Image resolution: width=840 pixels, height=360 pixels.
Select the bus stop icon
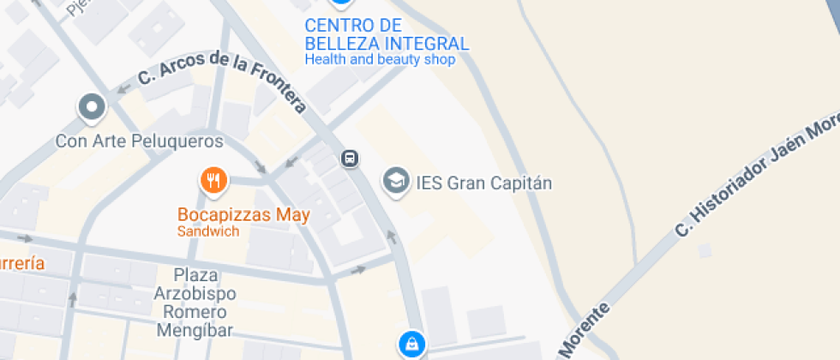click(350, 158)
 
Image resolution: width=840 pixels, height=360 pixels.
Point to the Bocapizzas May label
click(243, 215)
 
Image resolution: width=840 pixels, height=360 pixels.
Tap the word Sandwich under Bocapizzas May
click(208, 231)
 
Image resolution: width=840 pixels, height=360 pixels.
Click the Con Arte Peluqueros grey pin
click(91, 108)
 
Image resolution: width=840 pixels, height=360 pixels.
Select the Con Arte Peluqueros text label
click(139, 141)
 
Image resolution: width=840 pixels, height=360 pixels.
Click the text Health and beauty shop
click(380, 60)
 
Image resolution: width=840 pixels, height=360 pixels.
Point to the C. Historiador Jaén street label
click(754, 176)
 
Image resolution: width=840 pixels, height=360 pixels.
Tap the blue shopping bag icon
click(411, 344)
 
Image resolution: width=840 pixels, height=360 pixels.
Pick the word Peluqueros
click(182, 141)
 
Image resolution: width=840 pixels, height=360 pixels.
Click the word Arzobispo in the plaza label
click(195, 293)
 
